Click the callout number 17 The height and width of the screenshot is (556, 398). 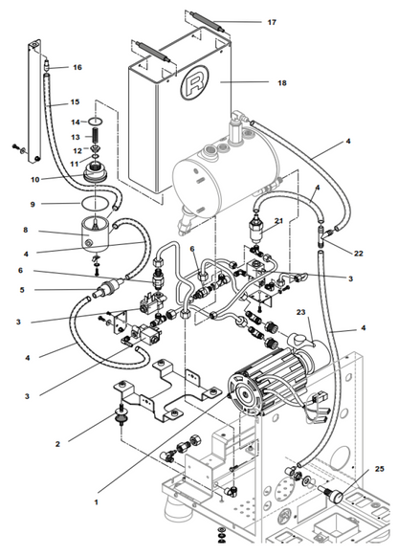(272, 22)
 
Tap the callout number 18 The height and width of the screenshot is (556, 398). (281, 83)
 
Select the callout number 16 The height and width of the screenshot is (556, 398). (77, 67)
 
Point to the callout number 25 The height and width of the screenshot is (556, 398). (379, 469)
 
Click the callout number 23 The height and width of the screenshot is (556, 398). (301, 312)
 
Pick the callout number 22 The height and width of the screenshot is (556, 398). (359, 254)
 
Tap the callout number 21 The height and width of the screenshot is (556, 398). (279, 221)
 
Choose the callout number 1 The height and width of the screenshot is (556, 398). (96, 502)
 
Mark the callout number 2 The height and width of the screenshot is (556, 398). (57, 444)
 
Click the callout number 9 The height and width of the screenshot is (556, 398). (33, 204)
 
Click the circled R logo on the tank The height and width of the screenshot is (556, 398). (194, 82)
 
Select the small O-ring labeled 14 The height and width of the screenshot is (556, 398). (96, 122)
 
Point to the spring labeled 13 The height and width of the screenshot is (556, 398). (96, 137)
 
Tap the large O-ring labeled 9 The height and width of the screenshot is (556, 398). (96, 204)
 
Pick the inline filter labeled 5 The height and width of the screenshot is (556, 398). (106, 288)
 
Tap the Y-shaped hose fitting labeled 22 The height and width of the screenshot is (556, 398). (325, 235)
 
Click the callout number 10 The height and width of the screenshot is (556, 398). (35, 179)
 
